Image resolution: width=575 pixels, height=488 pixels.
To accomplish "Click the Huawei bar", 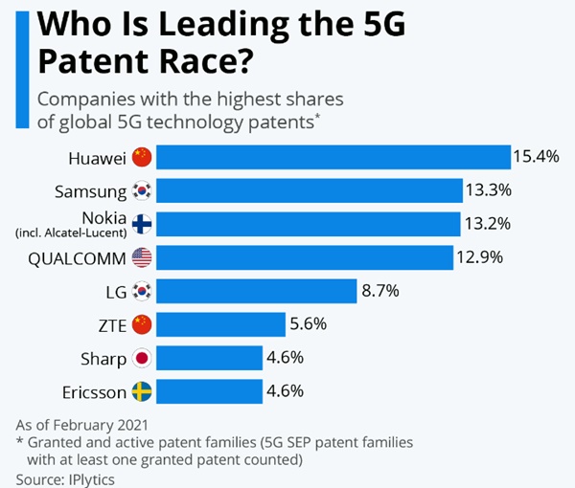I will click(333, 157).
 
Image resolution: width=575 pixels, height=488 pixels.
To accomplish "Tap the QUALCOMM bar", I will click(304, 257).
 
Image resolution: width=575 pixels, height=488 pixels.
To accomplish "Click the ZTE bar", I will click(219, 324).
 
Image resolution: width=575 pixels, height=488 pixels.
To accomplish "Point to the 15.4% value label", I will click(536, 157).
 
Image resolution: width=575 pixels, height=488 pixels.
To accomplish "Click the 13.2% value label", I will click(486, 224).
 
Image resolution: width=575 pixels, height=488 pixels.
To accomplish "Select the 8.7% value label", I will click(379, 291).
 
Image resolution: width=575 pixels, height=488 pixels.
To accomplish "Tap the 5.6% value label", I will click(309, 324).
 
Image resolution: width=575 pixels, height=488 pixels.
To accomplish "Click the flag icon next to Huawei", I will click(142, 157).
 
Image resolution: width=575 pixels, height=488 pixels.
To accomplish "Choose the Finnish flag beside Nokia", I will click(142, 224).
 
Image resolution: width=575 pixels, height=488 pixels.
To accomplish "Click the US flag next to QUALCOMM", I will click(142, 257).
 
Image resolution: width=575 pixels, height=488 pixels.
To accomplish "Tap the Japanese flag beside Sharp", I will click(142, 358).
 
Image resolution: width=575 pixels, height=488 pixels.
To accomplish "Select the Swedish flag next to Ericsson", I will click(142, 391).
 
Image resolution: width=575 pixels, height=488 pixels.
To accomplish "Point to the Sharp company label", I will click(103, 358).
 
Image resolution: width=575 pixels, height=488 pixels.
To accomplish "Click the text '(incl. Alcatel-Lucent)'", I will click(70, 233).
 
